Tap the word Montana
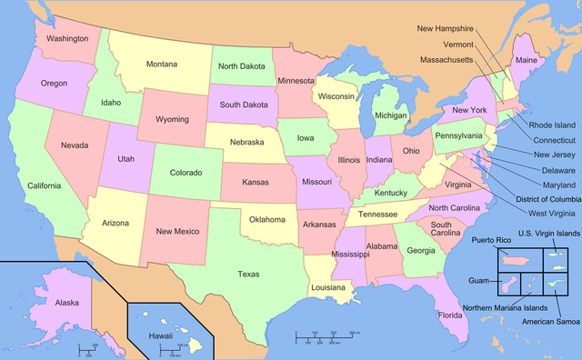click(x=162, y=64)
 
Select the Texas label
click(x=248, y=274)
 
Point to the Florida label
click(x=448, y=315)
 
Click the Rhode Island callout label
click(x=552, y=125)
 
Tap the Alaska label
click(x=66, y=302)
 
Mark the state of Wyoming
click(x=172, y=119)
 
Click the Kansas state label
click(x=255, y=182)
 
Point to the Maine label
click(x=526, y=61)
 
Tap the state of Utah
click(x=125, y=158)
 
